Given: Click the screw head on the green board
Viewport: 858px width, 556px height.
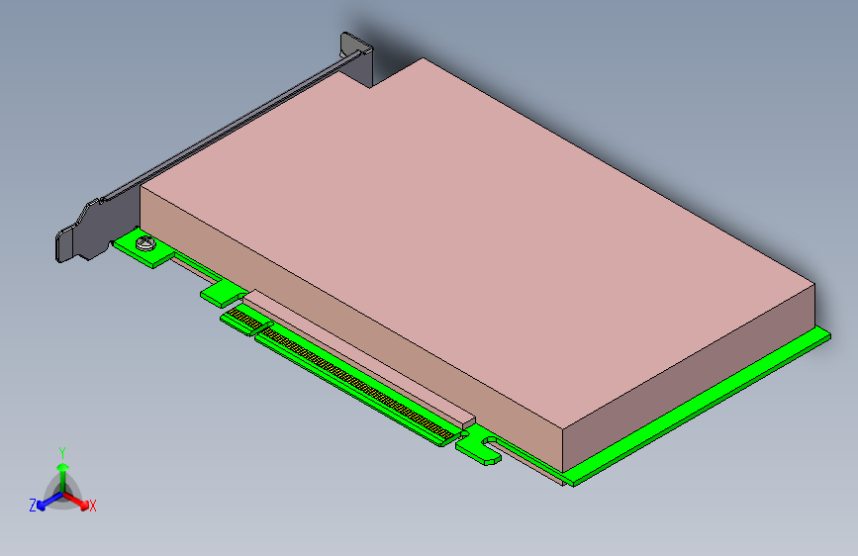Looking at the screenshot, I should pos(147,241).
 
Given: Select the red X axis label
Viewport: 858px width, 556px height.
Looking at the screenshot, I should pos(93,506).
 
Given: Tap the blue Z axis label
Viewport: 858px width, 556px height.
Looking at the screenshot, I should pos(33,505).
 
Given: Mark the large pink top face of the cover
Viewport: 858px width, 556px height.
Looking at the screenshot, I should pos(475,228).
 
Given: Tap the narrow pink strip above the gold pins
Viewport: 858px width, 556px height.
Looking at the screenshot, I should pos(356,351).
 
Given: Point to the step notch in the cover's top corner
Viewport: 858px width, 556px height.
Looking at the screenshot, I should pos(391,74).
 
